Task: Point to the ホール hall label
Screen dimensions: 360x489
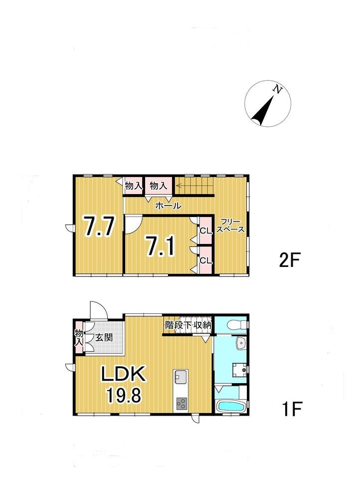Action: [x=168, y=206]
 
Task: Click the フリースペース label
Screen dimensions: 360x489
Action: [x=231, y=226]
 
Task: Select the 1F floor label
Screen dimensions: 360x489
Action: [x=292, y=409]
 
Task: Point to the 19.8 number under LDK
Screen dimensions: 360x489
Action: [x=124, y=395]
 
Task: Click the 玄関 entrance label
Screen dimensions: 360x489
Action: [x=104, y=337]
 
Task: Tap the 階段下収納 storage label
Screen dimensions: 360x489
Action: [x=188, y=325]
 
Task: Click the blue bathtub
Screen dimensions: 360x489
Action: [x=230, y=406]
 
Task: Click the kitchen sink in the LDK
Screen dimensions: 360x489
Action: [x=181, y=377]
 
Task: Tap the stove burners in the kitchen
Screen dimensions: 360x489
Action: [x=181, y=404]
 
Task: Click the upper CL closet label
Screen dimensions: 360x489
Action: [x=205, y=231]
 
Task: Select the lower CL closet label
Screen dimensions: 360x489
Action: [x=205, y=260]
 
